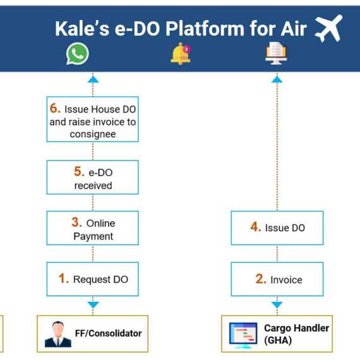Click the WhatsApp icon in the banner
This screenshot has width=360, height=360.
78,54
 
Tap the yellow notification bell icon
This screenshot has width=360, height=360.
181,54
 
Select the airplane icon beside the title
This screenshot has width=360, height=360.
328,28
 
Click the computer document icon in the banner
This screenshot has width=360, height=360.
276,53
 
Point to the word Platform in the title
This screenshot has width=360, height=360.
205,29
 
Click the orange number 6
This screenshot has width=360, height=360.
55,108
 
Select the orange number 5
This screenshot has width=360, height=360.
79,171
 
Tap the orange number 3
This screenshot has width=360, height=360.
76,222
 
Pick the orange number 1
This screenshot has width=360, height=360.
63,279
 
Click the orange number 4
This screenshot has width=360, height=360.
256,227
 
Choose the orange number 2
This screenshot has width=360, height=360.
261,279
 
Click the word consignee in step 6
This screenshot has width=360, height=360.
93,135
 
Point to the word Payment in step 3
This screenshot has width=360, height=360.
93,236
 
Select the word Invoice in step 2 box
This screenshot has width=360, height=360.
286,280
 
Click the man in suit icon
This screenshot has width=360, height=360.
58,334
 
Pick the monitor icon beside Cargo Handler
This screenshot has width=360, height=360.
243,335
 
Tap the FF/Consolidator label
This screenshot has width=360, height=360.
108,333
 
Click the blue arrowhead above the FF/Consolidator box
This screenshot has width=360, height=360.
93,305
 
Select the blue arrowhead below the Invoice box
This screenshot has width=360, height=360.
277,305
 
